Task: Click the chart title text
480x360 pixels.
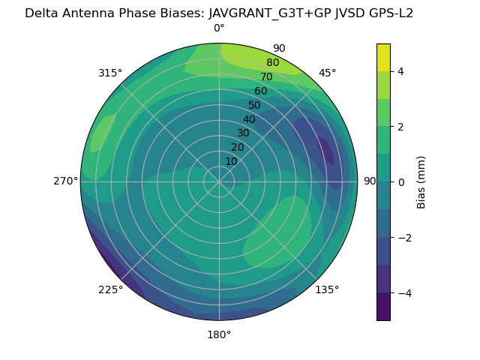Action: click(219, 13)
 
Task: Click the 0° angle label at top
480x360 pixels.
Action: click(219, 28)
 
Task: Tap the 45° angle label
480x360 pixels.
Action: click(327, 73)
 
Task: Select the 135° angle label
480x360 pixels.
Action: click(327, 289)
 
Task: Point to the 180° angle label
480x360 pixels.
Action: click(219, 334)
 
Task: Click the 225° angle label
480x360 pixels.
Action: click(110, 289)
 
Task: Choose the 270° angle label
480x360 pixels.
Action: click(65, 181)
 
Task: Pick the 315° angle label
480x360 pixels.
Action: click(110, 73)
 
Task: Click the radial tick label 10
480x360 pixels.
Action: click(231, 162)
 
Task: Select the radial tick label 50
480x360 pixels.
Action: click(254, 105)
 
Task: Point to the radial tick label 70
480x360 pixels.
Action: click(266, 76)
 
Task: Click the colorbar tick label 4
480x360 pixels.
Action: click(400, 71)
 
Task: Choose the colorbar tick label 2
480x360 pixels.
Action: click(400, 127)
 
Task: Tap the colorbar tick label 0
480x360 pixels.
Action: click(400, 182)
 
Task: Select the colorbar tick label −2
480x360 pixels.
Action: click(403, 238)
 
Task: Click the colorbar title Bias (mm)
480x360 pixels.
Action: click(421, 182)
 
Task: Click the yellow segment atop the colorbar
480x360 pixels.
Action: click(383, 57)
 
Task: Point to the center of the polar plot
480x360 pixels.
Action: click(219, 181)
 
